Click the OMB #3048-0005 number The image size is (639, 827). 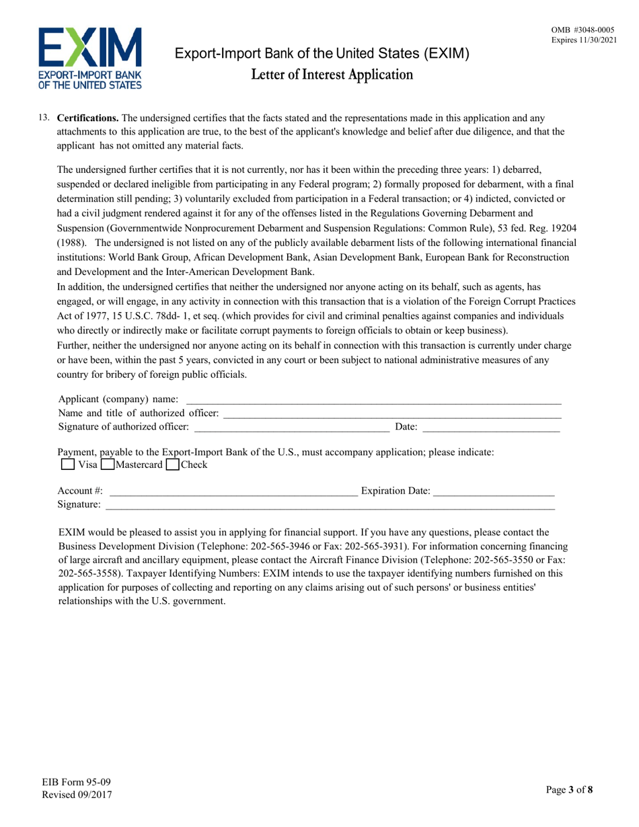click(582, 30)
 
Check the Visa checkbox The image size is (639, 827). click(67, 465)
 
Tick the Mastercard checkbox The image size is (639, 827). click(106, 465)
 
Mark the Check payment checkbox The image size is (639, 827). click(172, 465)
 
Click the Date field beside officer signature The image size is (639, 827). click(491, 427)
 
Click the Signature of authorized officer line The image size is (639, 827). click(291, 427)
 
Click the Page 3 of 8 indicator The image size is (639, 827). click(570, 790)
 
